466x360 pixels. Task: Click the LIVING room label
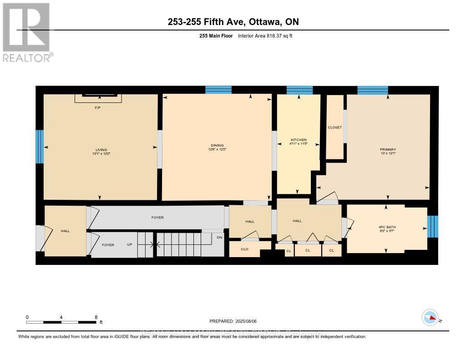[101, 150]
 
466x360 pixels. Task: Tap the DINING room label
[217, 145]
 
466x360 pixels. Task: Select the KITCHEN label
[299, 140]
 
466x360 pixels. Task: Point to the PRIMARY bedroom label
[388, 150]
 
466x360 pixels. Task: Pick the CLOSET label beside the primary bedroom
[334, 127]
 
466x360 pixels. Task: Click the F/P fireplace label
[97, 108]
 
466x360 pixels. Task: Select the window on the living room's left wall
[40, 147]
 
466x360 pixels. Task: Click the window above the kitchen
[299, 90]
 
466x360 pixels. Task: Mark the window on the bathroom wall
[433, 226]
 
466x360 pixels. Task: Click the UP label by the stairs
[129, 245]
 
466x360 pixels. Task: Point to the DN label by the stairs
[219, 237]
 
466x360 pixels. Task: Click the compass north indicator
[430, 317]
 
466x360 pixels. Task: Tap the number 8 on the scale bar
[96, 317]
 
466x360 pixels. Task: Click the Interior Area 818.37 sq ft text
[265, 35]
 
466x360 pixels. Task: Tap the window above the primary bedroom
[372, 90]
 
